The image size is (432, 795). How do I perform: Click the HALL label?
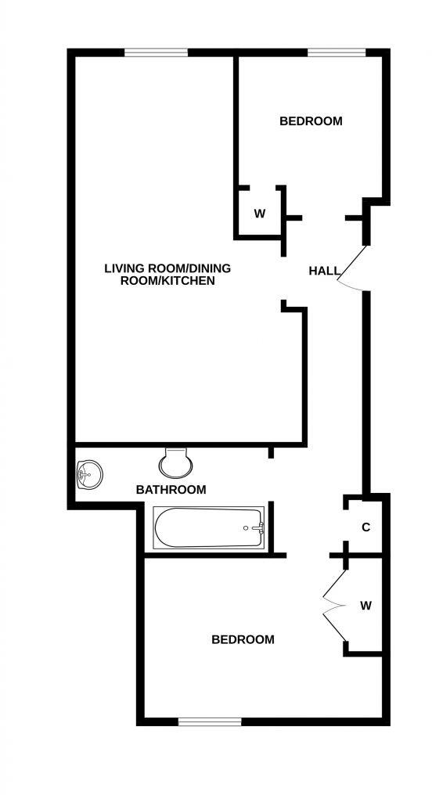coord(324,272)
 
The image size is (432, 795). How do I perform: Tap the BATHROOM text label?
coord(171,490)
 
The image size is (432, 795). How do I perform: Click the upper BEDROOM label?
coord(311,121)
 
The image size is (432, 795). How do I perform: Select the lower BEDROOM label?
coord(243,639)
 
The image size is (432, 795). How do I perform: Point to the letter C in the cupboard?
coord(365,527)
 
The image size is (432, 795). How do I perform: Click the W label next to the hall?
coord(260,214)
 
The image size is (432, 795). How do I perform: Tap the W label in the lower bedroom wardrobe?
coord(365,605)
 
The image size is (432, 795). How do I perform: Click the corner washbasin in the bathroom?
coord(88,473)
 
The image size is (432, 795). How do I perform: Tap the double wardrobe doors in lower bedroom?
coord(335,603)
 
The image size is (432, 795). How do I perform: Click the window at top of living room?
coord(156,53)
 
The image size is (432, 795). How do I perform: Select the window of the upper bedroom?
coord(336,53)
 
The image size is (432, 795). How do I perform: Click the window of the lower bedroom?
coord(209,721)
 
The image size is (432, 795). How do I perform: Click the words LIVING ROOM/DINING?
coord(167,268)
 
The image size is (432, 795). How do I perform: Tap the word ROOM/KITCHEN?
coord(167,280)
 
